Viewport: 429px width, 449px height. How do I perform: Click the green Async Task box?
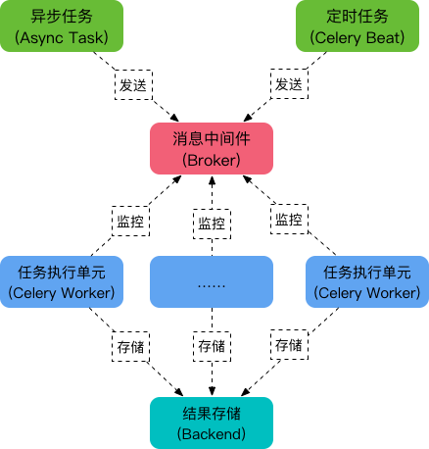[x=61, y=26]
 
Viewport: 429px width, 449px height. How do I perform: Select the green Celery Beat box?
[x=362, y=26]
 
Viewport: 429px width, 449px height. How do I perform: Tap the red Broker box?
[x=211, y=149]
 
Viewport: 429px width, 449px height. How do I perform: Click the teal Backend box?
[x=211, y=422]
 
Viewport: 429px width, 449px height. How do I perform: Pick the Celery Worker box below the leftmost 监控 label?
[x=61, y=282]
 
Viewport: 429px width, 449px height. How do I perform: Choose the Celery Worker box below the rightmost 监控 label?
[x=366, y=282]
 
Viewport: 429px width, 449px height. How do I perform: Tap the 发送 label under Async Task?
[x=133, y=85]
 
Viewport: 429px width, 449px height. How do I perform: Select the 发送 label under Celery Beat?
[x=288, y=85]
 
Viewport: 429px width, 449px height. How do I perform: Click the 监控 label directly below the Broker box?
[x=212, y=224]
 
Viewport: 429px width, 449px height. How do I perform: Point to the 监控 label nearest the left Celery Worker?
[x=130, y=221]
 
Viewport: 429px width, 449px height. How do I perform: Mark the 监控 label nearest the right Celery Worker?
[x=288, y=220]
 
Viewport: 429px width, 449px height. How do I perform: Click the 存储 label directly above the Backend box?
[x=212, y=346]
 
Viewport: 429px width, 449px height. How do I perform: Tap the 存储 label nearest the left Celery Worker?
[x=130, y=345]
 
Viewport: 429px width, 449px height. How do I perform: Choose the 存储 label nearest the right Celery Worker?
[x=288, y=345]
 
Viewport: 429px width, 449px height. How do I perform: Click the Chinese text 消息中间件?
[x=211, y=139]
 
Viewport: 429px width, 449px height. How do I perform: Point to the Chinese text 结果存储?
[x=211, y=412]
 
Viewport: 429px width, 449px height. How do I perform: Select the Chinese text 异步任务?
[x=61, y=17]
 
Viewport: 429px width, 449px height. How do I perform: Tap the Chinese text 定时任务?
[x=362, y=17]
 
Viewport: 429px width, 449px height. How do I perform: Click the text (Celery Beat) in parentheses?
[x=362, y=37]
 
